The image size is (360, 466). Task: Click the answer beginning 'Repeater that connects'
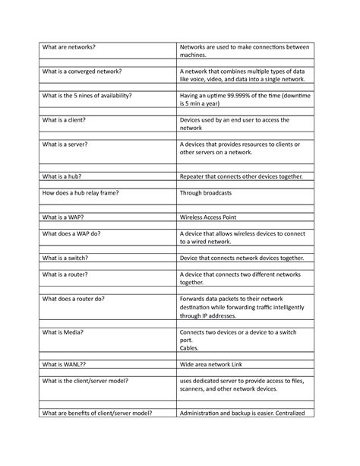coord(240,176)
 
